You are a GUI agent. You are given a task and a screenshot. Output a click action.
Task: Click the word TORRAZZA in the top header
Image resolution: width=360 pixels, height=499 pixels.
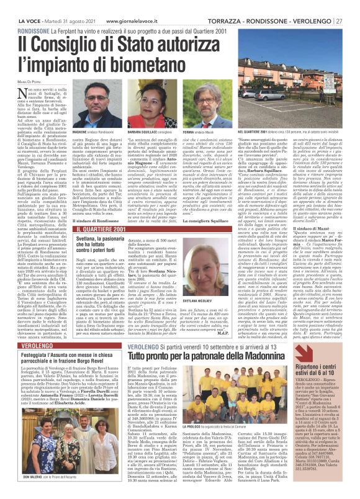[x=222, y=4]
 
